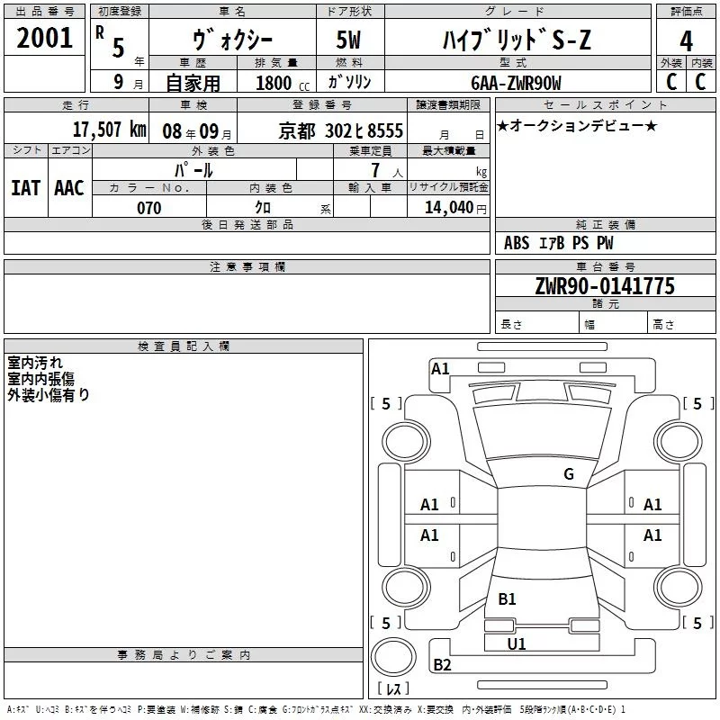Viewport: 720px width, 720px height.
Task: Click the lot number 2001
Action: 45,38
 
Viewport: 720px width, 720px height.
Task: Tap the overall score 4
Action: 686,41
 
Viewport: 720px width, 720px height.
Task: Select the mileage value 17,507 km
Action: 111,129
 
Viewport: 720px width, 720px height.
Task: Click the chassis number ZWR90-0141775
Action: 605,286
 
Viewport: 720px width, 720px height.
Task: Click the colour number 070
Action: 148,208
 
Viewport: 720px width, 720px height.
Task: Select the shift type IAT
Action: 25,187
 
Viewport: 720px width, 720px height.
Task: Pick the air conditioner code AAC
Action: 68,187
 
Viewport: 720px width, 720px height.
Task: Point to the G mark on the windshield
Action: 568,474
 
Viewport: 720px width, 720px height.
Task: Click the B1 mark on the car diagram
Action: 507,598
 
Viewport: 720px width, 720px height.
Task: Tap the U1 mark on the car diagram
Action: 516,643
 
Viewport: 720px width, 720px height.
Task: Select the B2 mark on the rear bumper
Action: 442,665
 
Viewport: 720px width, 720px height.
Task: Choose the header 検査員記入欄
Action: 184,346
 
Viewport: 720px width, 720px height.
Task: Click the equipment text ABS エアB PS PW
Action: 558,243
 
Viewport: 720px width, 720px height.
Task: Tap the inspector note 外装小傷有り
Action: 49,394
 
